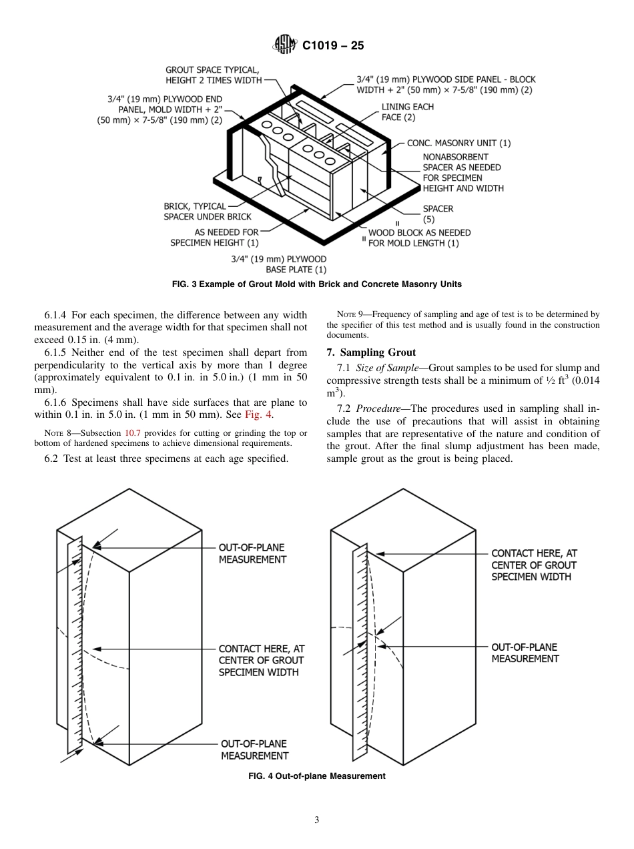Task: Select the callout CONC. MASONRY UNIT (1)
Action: [x=458, y=143]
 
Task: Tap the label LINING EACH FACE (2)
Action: [x=407, y=112]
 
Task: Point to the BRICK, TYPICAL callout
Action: [x=195, y=206]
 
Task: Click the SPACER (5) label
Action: [x=438, y=214]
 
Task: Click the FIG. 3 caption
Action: [x=316, y=284]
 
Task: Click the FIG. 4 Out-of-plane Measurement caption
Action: [x=316, y=776]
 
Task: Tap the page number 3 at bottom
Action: [x=317, y=820]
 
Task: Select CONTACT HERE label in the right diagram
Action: [x=533, y=564]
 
